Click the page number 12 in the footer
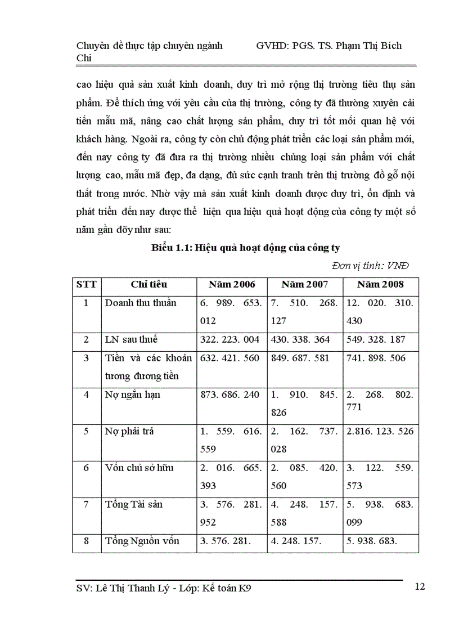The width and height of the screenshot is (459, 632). [419, 587]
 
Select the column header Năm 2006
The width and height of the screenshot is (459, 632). [231, 285]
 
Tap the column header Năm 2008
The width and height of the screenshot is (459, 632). [380, 285]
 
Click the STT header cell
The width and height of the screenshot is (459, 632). [86, 285]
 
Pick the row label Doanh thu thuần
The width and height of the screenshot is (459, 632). [141, 303]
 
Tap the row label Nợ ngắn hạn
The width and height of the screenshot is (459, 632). [132, 395]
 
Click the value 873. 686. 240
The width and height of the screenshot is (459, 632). [230, 395]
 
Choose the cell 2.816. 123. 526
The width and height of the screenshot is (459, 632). [380, 432]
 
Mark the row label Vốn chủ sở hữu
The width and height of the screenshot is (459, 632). [139, 468]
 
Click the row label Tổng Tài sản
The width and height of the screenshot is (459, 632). [134, 504]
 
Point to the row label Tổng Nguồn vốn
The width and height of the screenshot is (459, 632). [142, 541]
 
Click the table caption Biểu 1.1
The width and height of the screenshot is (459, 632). [246, 248]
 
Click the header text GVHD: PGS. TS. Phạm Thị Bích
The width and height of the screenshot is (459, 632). [328, 46]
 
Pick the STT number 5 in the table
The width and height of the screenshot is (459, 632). [86, 432]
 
